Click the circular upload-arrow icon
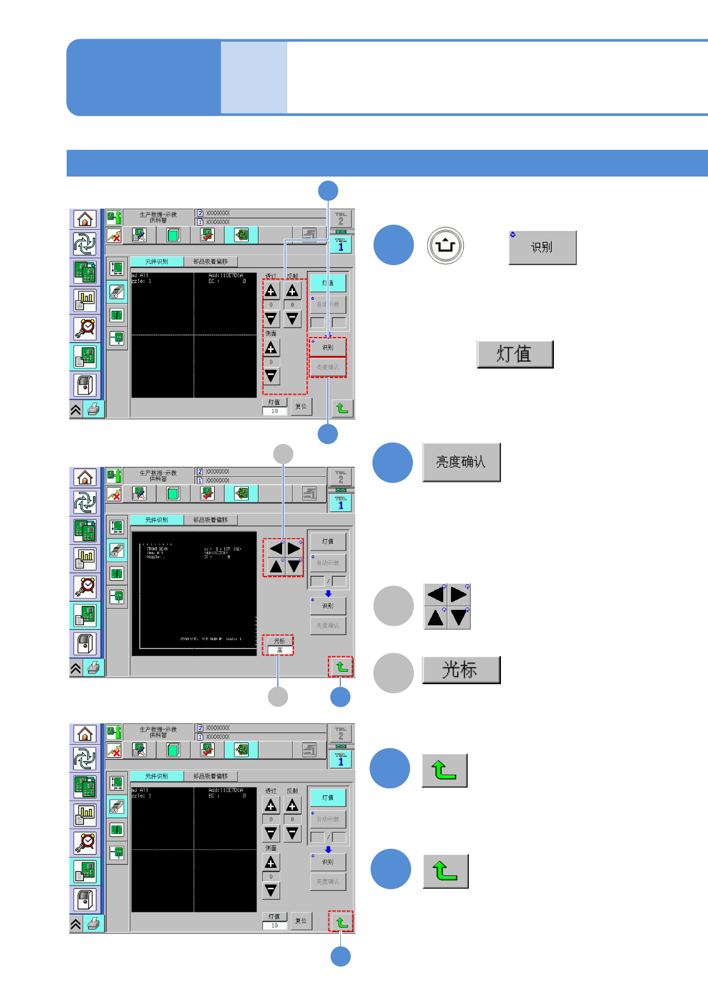pos(445,245)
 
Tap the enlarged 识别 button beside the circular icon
pos(542,247)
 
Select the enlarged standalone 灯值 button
pos(515,354)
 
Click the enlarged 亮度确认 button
pos(461,462)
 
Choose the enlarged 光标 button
pos(460,670)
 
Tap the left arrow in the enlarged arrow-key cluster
pos(436,594)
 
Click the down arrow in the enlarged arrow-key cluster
pos(459,618)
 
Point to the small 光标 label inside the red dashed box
pos(279,641)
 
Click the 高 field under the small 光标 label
pos(279,650)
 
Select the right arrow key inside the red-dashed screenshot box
pos(294,548)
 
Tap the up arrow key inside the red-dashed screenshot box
pos(275,566)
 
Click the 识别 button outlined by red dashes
pos(328,347)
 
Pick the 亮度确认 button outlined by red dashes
pos(328,367)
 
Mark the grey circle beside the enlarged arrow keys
pos(393,606)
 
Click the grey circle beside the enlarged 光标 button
pos(393,673)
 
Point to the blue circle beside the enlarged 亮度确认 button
pos(393,462)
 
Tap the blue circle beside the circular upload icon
pos(393,245)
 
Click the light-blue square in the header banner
pos(254,77)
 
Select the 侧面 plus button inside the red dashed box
pos(271,348)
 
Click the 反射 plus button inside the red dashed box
pos(292,291)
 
